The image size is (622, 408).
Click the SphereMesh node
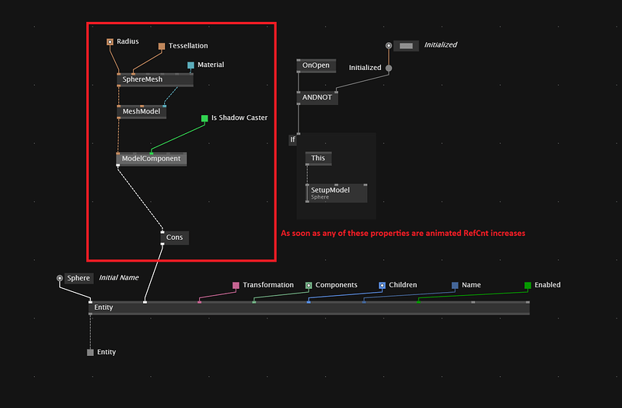pyautogui.click(x=155, y=79)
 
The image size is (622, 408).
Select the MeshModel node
pyautogui.click(x=142, y=111)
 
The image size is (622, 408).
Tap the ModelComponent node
pyautogui.click(x=151, y=159)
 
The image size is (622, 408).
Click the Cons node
pyautogui.click(x=174, y=237)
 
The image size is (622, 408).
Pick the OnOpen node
pyautogui.click(x=316, y=65)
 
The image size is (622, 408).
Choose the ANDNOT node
pyautogui.click(x=317, y=98)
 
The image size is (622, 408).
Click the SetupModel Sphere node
pyautogui.click(x=337, y=193)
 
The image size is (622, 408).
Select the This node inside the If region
pyautogui.click(x=318, y=158)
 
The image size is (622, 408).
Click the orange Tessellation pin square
pyautogui.click(x=162, y=47)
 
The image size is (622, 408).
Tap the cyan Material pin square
pyautogui.click(x=190, y=65)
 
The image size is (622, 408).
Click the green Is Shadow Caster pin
pyautogui.click(x=204, y=118)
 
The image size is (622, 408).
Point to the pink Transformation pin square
pyautogui.click(x=236, y=285)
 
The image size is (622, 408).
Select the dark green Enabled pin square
pyautogui.click(x=528, y=285)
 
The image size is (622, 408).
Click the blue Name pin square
pyautogui.click(x=455, y=285)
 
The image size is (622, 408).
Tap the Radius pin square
pyautogui.click(x=110, y=42)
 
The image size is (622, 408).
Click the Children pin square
pyautogui.click(x=382, y=285)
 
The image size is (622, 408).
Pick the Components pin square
pyautogui.click(x=309, y=285)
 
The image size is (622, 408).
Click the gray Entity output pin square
pyautogui.click(x=90, y=353)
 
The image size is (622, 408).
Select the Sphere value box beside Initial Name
pyautogui.click(x=79, y=278)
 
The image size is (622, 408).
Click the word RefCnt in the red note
pyautogui.click(x=476, y=234)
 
